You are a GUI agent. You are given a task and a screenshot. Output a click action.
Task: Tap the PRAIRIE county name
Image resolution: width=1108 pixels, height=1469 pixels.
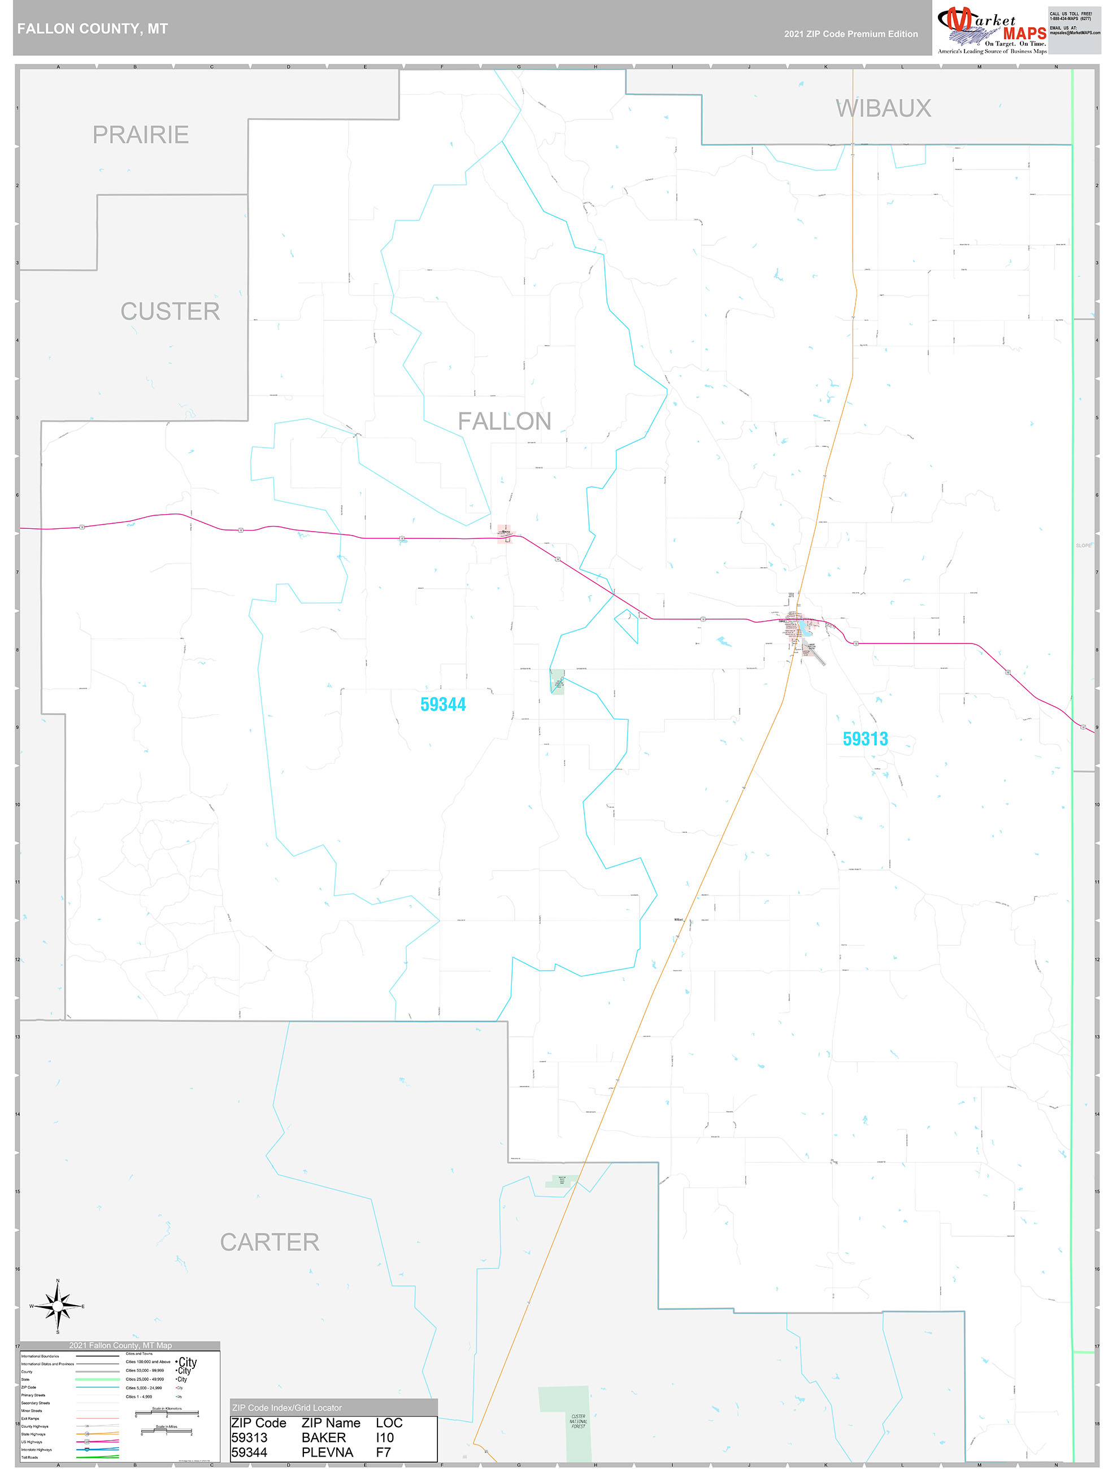[140, 135]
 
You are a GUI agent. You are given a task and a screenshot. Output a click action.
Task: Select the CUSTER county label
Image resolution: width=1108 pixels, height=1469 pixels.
[170, 311]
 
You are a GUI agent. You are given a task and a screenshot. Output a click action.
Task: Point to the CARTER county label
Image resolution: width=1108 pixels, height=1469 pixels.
[270, 1242]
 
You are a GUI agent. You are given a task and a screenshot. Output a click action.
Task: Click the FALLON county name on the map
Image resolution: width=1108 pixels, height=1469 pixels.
[504, 421]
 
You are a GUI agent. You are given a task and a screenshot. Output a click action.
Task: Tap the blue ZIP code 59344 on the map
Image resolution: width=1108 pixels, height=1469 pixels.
[443, 705]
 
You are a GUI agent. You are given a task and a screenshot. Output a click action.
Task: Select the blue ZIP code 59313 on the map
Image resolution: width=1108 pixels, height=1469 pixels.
[865, 738]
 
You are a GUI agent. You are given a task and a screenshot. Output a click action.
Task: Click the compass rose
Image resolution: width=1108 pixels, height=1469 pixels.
[58, 1306]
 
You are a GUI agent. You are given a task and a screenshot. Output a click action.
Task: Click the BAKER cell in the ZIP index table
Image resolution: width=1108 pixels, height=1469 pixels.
[324, 1437]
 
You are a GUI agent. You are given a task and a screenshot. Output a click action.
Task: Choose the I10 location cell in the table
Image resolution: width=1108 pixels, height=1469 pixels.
[385, 1437]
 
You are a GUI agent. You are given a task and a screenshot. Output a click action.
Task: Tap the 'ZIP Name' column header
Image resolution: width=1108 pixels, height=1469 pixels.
[331, 1423]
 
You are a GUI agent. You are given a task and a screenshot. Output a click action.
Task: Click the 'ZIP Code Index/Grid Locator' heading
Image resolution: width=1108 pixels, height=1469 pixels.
[287, 1407]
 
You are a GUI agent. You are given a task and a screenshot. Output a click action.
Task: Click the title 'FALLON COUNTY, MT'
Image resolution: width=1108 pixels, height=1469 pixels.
[92, 29]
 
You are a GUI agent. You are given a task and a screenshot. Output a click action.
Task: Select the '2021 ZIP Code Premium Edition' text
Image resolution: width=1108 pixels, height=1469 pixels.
[850, 34]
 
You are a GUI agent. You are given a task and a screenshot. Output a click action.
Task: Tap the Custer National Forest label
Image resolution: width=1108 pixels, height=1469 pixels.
[578, 1420]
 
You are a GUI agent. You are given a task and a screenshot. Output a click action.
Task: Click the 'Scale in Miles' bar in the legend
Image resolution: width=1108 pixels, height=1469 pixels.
[167, 1431]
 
